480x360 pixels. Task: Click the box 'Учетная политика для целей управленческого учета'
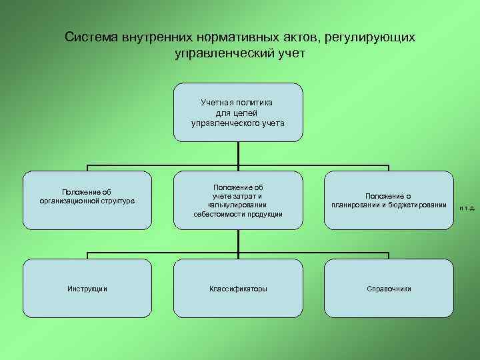[x=238, y=112]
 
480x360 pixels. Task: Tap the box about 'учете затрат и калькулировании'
[x=238, y=200]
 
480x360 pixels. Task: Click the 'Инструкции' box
[x=87, y=289]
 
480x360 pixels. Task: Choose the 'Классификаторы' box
[x=238, y=289]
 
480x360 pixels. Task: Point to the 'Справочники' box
[x=389, y=289]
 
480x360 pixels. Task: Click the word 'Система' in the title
[x=91, y=37]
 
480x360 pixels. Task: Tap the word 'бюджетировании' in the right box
[x=417, y=205]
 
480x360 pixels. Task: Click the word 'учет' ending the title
[x=289, y=53]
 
